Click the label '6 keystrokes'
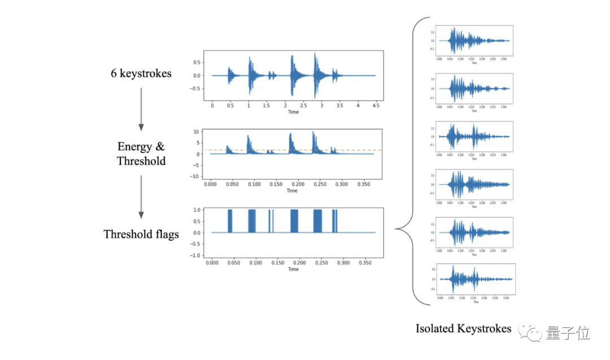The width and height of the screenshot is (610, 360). (x=141, y=73)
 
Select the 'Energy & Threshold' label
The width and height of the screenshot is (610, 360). (x=141, y=154)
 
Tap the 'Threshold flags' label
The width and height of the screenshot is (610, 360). (x=141, y=234)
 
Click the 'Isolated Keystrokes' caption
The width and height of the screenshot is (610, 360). (x=463, y=328)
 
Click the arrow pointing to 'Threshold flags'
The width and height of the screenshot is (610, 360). (x=141, y=197)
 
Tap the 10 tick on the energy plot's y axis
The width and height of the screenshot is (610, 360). (x=197, y=132)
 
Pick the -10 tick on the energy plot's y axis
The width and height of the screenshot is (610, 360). (x=195, y=176)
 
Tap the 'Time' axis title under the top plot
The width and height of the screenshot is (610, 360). (x=293, y=112)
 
